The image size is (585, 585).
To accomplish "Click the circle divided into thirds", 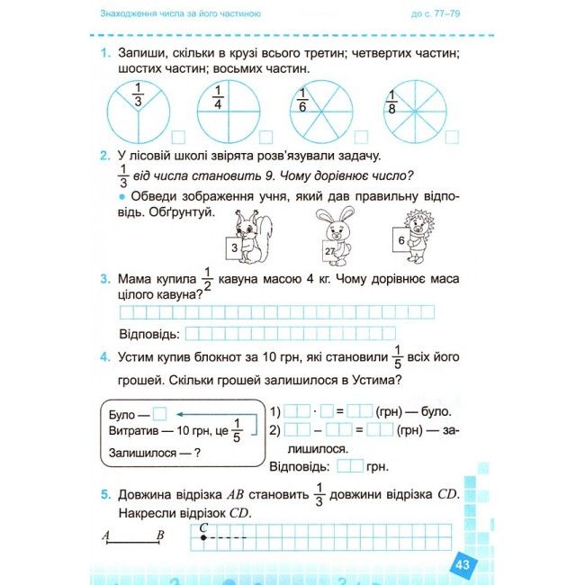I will pyautogui.click(x=137, y=111).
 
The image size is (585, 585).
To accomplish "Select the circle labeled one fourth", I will pyautogui.click(x=221, y=111).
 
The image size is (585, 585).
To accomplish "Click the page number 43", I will pyautogui.click(x=463, y=565).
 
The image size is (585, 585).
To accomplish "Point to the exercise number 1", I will pyautogui.click(x=105, y=54).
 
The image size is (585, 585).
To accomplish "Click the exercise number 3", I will pyautogui.click(x=105, y=281).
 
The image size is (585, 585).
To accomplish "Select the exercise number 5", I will pyautogui.click(x=105, y=493).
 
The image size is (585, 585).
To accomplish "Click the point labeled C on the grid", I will pyautogui.click(x=203, y=537).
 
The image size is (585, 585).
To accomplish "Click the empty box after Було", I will pyautogui.click(x=160, y=415).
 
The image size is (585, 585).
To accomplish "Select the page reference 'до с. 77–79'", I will pyautogui.click(x=440, y=13).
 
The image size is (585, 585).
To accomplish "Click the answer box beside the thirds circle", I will pyautogui.click(x=178, y=137).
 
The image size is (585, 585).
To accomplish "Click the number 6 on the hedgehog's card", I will pyautogui.click(x=400, y=238).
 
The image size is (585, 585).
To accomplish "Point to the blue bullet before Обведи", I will pyautogui.click(x=121, y=196).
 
